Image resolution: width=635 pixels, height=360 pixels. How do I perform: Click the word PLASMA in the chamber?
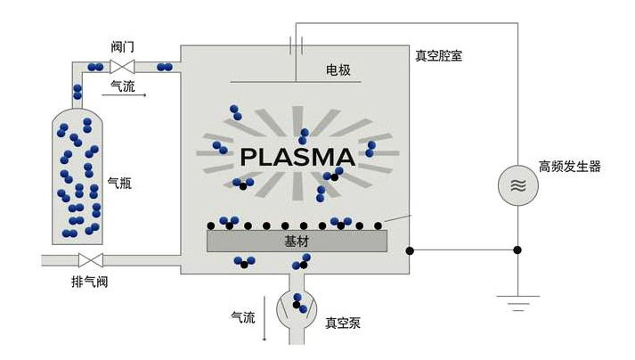click(x=297, y=158)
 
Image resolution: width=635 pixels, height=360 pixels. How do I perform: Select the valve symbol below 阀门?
click(x=121, y=67)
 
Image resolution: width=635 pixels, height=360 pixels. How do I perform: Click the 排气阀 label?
click(x=89, y=282)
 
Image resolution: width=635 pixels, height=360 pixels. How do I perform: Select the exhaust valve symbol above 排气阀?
click(x=90, y=260)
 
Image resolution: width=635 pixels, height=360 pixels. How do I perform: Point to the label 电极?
click(x=338, y=69)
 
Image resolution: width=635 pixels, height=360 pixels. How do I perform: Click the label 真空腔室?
click(x=438, y=55)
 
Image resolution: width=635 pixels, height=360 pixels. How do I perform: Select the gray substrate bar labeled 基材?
click(x=297, y=241)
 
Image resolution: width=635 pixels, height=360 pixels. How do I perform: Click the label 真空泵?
click(x=342, y=323)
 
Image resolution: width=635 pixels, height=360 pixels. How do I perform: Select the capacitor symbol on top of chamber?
click(x=297, y=44)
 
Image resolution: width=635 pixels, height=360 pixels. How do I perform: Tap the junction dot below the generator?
click(x=518, y=250)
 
